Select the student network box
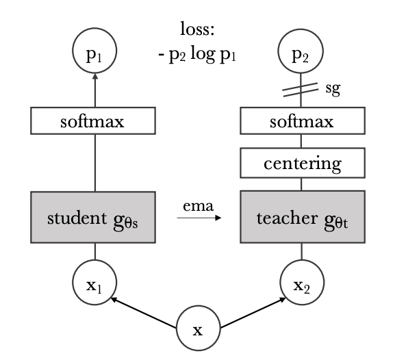tap(93, 217)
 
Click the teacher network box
tap(303, 217)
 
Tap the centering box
tap(303, 163)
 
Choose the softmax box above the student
tap(93, 120)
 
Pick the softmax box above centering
tap(303, 120)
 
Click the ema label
tap(199, 206)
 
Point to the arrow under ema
tap(199, 218)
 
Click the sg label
tap(333, 89)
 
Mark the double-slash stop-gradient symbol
tap(301, 90)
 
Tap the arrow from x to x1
tap(144, 313)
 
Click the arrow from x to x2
tap(253, 312)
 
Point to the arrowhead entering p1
tap(94, 76)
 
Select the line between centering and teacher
tap(301, 184)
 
